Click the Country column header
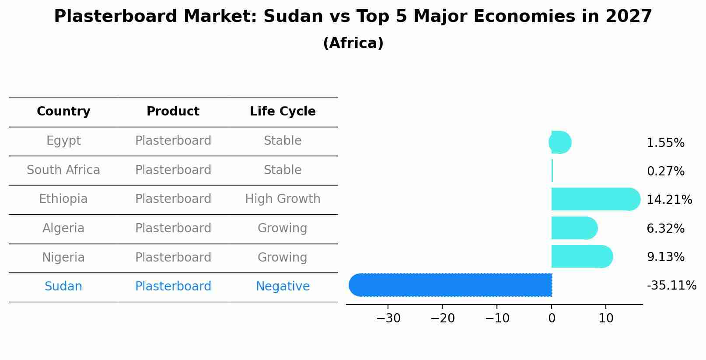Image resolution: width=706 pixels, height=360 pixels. pyautogui.click(x=63, y=112)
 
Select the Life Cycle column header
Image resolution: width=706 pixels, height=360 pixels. pyautogui.click(x=283, y=112)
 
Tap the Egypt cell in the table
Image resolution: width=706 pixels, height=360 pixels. pyautogui.click(x=63, y=141)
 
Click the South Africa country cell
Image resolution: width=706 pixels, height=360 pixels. pyautogui.click(x=63, y=170)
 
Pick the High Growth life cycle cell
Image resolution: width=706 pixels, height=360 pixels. pyautogui.click(x=283, y=199)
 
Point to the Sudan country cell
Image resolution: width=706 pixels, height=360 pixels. pyautogui.click(x=63, y=287)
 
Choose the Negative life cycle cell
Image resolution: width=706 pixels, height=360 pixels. pyautogui.click(x=283, y=287)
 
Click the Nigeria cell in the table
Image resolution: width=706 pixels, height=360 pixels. pyautogui.click(x=63, y=257)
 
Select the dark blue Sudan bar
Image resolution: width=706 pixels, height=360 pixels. pyautogui.click(x=451, y=285)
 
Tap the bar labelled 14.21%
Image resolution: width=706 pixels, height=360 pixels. pyautogui.click(x=595, y=199)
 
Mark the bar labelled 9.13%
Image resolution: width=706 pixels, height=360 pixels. pyautogui.click(x=581, y=256)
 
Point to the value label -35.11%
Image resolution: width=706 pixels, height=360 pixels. pyautogui.click(x=671, y=286)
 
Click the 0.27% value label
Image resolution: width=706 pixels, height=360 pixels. pyautogui.click(x=665, y=171)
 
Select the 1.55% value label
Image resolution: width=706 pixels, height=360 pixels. pyautogui.click(x=665, y=143)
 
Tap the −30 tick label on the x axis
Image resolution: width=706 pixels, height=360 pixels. pyautogui.click(x=388, y=318)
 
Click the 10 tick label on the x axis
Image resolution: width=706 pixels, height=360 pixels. pyautogui.click(x=606, y=318)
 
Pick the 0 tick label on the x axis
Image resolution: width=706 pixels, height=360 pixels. pyautogui.click(x=552, y=318)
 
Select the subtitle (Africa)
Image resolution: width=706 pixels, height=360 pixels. pyautogui.click(x=353, y=43)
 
